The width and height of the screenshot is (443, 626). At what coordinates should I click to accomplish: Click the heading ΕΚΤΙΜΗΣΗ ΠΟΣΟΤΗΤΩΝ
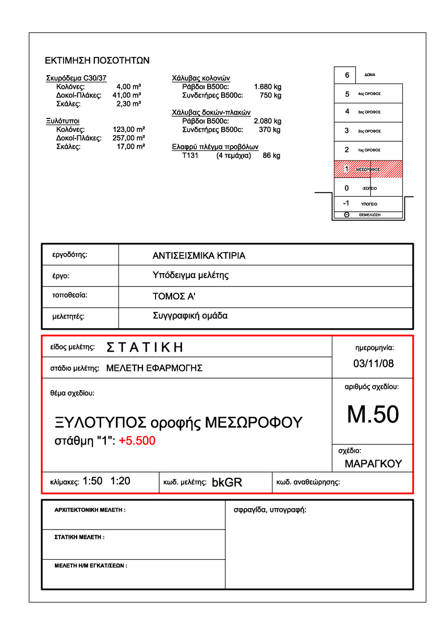[x=98, y=61]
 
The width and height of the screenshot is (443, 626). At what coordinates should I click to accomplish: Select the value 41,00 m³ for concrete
[x=127, y=95]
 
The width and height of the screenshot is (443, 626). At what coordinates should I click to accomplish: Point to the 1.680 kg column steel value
[x=268, y=87]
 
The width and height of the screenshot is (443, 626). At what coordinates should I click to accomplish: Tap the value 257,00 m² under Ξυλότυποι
[x=129, y=138]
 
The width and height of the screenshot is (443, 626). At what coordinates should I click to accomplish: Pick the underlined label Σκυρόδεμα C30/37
[x=76, y=78]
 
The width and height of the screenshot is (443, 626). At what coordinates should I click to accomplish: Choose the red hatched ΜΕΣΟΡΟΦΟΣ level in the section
[x=368, y=170]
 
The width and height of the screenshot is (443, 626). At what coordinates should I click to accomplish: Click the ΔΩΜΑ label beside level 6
[x=370, y=75]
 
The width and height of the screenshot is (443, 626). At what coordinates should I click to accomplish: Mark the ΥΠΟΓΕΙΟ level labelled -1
[x=368, y=204]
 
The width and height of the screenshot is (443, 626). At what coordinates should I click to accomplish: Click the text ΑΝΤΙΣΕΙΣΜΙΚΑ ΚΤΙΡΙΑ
[x=199, y=256]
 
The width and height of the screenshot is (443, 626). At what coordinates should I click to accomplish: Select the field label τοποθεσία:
[x=70, y=295]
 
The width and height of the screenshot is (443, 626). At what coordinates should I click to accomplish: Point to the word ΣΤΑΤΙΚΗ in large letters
[x=145, y=347]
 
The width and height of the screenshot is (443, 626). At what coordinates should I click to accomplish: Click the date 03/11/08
[x=373, y=364]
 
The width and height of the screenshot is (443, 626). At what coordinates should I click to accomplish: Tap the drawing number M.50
[x=373, y=414]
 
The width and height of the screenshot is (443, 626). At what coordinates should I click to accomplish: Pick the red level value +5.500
[x=137, y=441]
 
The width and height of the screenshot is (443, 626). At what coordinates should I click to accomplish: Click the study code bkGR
[x=227, y=483]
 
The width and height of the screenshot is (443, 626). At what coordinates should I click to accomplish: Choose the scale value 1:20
[x=121, y=481]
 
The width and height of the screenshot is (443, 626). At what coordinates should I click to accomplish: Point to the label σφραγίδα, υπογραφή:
[x=270, y=510]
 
